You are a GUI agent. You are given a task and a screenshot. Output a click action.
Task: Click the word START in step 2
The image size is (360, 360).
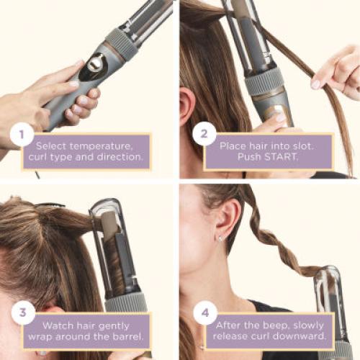287,158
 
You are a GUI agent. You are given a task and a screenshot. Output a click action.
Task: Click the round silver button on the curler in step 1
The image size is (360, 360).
94,64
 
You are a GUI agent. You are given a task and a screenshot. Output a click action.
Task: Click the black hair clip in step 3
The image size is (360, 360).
48,205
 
